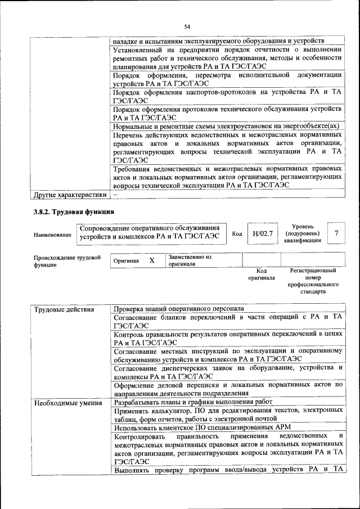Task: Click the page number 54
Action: pos(187,26)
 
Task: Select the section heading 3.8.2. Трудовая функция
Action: pos(74,211)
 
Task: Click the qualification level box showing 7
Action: pos(336,233)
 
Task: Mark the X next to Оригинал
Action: pos(151,261)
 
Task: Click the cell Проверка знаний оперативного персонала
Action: pos(178,309)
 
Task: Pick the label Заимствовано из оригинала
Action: pos(189,260)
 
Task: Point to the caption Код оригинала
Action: pos(261,274)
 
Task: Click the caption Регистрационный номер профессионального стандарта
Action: pos(313,281)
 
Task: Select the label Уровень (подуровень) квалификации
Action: pos(303,233)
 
